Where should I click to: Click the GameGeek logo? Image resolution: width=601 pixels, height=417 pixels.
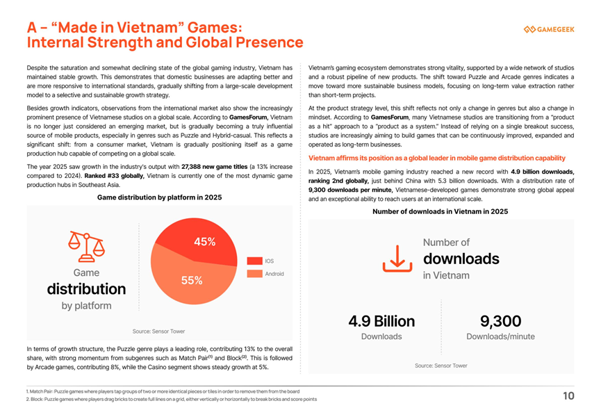click(549, 29)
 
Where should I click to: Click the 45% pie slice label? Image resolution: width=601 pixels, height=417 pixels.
click(205, 242)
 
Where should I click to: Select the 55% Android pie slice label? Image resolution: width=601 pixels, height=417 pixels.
click(192, 281)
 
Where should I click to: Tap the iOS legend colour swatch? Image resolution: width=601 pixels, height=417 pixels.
click(254, 261)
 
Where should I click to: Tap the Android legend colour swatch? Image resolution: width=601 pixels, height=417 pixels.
click(254, 274)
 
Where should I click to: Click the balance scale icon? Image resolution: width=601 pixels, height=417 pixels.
click(87, 247)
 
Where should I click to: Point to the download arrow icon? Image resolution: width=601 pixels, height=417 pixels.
click(397, 259)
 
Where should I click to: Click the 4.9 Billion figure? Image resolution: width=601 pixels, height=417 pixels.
click(381, 321)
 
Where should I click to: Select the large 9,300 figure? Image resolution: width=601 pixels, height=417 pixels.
click(500, 321)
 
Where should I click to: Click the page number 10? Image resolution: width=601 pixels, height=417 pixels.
click(568, 396)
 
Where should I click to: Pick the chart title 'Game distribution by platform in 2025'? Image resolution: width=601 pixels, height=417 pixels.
click(159, 197)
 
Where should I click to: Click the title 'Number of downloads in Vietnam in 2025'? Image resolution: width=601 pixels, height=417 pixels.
click(441, 211)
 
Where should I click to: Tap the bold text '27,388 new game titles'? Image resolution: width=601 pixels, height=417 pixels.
click(214, 167)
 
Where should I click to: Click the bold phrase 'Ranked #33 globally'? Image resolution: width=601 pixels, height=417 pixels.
click(114, 176)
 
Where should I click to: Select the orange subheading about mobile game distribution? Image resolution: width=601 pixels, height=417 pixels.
click(437, 158)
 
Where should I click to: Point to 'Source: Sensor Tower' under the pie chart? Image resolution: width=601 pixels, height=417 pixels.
click(158, 331)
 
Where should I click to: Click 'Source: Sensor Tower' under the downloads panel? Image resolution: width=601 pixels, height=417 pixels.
click(441, 366)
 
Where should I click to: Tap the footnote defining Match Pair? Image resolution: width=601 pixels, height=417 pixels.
click(163, 392)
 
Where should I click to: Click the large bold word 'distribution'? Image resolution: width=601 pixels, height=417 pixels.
click(86, 289)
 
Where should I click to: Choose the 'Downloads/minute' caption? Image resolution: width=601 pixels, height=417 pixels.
click(500, 336)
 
